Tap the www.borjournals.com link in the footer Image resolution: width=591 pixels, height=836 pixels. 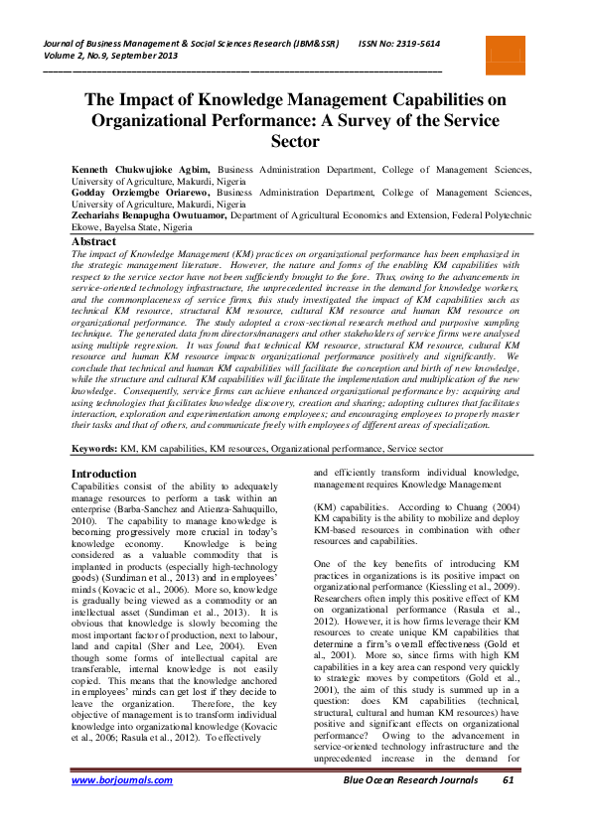coord(121,808)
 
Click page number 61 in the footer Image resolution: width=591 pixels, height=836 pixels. coord(508,808)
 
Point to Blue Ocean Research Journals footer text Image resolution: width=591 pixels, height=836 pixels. coord(409,808)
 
